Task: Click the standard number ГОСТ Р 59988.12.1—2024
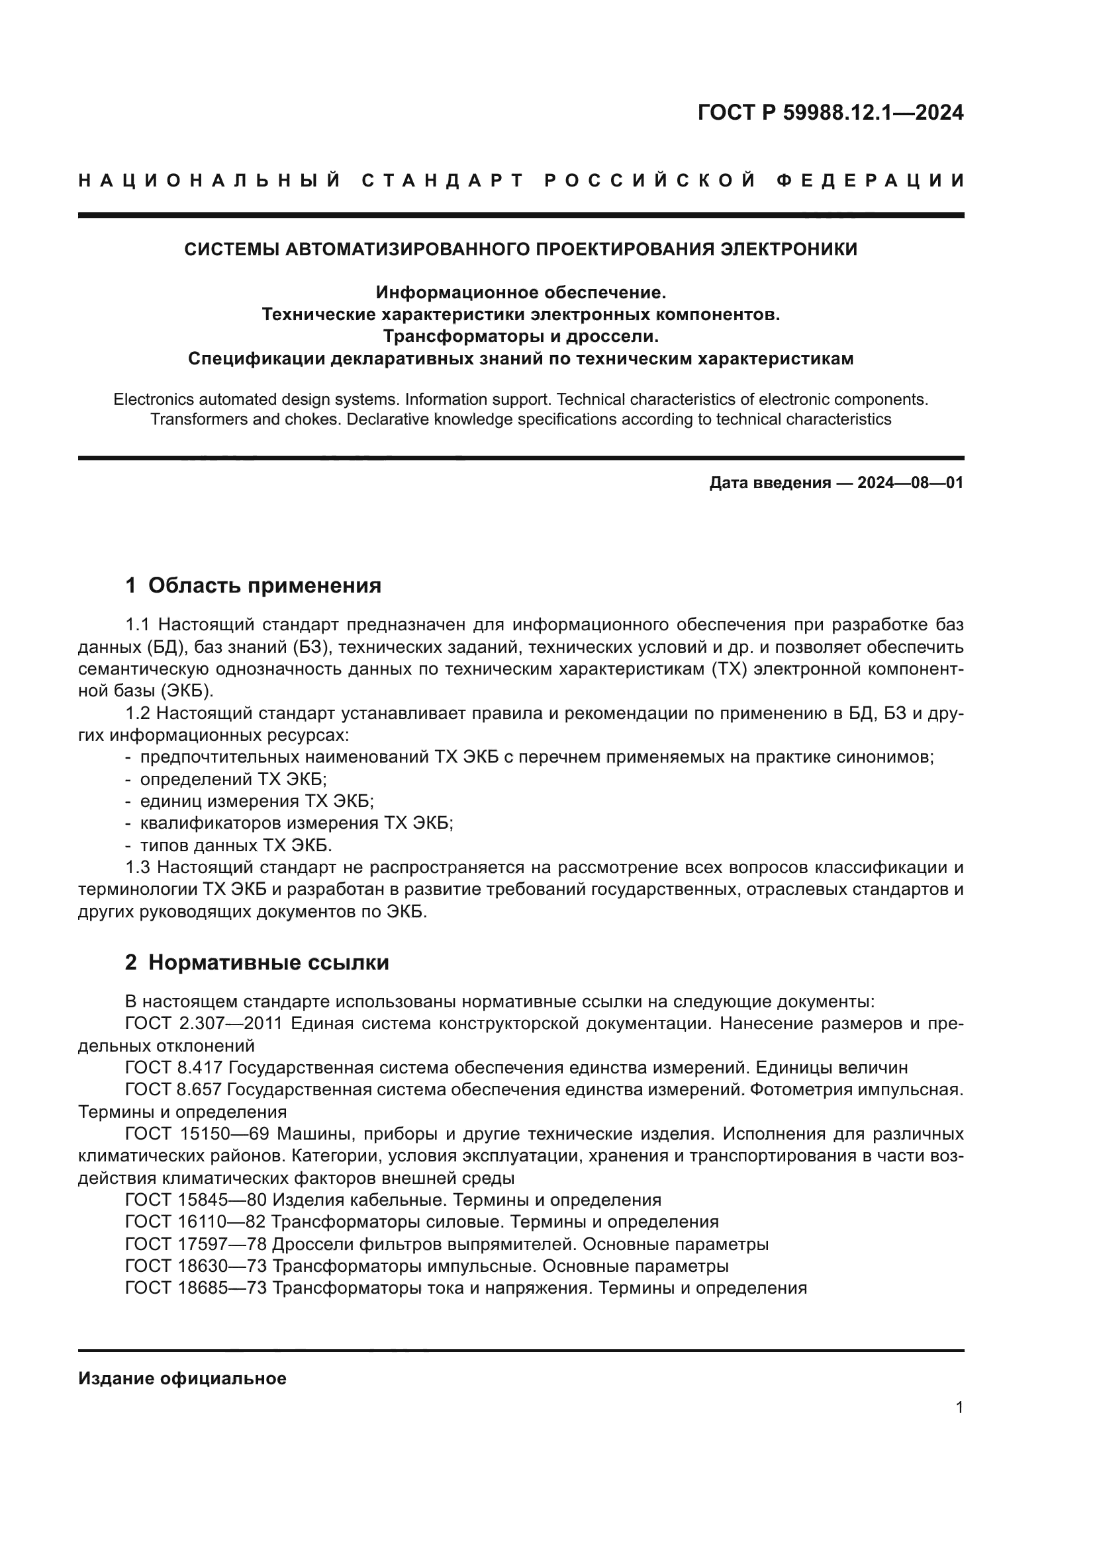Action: point(830,112)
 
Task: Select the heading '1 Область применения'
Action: point(253,585)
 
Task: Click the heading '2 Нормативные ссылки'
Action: point(257,962)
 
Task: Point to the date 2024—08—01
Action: point(910,482)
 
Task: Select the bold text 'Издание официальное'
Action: point(182,1378)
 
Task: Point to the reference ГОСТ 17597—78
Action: point(195,1244)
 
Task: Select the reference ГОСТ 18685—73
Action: point(195,1288)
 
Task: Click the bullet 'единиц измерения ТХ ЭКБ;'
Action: point(256,801)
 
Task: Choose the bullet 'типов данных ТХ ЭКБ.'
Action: point(236,845)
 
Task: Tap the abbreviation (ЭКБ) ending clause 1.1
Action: point(189,690)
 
